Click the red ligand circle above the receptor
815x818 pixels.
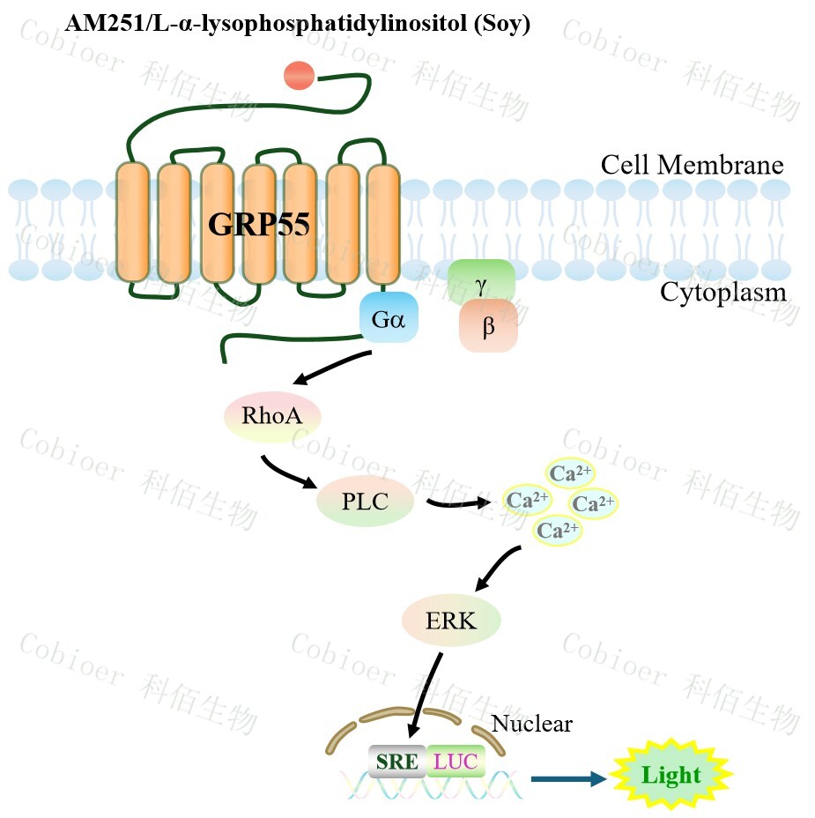tap(300, 76)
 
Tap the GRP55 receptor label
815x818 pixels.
tap(259, 225)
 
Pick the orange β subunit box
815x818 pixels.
tap(488, 327)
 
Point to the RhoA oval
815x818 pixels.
tap(272, 416)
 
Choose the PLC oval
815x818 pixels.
tap(365, 502)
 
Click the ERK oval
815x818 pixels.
tap(451, 620)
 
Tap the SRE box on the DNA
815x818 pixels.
tap(396, 761)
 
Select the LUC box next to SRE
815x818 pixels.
tap(456, 761)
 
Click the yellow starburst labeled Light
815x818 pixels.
tap(671, 776)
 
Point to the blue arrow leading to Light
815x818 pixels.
tap(568, 777)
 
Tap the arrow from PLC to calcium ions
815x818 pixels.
tap(458, 503)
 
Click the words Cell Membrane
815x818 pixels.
tap(692, 165)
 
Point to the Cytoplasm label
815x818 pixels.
tap(722, 292)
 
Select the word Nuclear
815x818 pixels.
tap(531, 724)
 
